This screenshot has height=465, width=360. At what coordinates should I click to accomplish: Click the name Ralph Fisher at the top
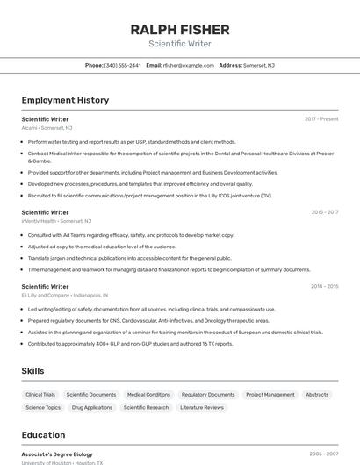click(180, 30)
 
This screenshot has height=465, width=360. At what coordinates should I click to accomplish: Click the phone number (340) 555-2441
click(122, 65)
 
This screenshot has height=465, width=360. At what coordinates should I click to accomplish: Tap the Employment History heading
click(65, 100)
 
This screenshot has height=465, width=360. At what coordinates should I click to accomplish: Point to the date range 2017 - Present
click(321, 118)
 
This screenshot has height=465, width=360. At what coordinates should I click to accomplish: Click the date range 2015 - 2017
click(324, 212)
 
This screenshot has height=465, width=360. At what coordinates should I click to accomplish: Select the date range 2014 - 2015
click(324, 286)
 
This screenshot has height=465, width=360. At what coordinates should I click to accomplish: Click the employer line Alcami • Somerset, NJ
click(47, 128)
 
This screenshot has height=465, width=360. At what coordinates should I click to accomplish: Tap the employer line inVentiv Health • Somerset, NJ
click(57, 221)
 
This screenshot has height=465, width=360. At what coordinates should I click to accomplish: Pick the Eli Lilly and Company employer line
click(64, 296)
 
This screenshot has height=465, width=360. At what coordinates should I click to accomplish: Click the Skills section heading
click(32, 371)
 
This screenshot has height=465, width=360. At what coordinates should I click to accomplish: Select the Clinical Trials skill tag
click(40, 395)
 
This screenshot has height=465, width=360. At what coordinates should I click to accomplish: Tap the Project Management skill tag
click(270, 395)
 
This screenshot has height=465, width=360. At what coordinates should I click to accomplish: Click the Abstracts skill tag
click(317, 395)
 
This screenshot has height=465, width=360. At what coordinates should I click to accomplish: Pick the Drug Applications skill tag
click(92, 407)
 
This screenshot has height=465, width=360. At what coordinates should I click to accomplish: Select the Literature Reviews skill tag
click(202, 407)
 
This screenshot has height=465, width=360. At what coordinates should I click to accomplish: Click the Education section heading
click(43, 435)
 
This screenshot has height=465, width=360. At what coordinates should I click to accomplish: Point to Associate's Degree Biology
click(57, 454)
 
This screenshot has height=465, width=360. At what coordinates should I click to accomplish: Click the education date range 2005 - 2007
click(324, 454)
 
